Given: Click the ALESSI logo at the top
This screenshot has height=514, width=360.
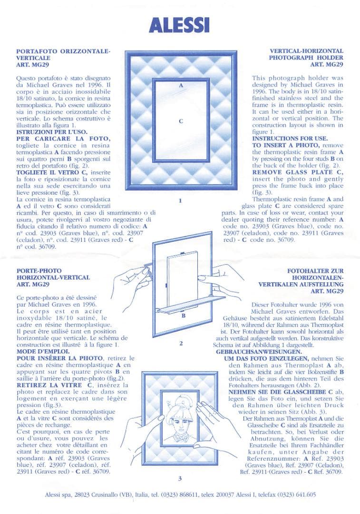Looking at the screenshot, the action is point(179,25).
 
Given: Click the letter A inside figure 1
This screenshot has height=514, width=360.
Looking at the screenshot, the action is point(181,86).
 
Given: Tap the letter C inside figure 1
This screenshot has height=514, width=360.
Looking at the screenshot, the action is point(181,121).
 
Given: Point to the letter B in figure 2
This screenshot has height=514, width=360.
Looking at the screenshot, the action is point(184,316).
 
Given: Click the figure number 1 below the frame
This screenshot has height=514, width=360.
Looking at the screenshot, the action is point(180,200).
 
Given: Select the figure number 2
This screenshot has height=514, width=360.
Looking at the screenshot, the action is point(181,343).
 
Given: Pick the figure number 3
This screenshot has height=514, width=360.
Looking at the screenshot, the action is point(180,478).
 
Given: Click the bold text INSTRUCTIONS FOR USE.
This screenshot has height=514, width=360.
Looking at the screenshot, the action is point(290,138).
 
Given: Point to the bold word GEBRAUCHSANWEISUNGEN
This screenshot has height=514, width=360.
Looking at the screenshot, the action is point(254,352).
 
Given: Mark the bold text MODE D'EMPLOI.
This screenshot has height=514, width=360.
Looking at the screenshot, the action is point(40,351).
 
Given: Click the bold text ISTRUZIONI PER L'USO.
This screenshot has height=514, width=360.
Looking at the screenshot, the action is point(52,132).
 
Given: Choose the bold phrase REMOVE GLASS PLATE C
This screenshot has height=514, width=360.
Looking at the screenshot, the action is point(297,172).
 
